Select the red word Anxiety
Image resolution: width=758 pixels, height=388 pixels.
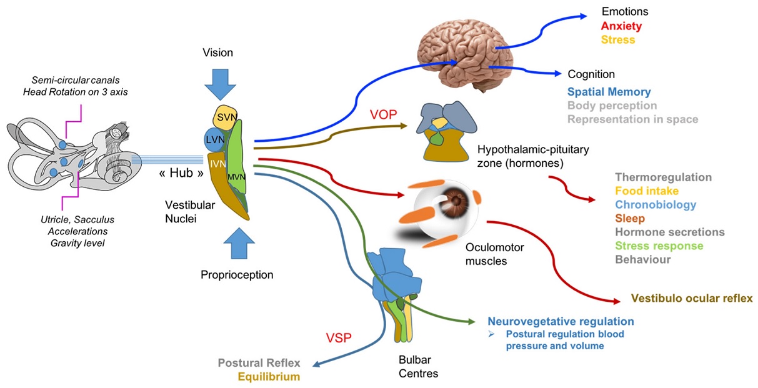[x=621, y=26]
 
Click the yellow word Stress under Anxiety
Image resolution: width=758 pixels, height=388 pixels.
[x=617, y=40]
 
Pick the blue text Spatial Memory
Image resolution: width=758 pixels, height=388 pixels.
[x=609, y=92]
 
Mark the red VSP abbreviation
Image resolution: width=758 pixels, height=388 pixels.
[x=338, y=338]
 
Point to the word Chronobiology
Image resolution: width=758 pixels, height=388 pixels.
[x=655, y=204]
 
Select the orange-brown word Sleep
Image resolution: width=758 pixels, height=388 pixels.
[x=629, y=218]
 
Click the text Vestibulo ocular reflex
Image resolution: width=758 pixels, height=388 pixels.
[x=692, y=298]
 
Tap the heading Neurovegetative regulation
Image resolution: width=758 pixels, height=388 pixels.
[x=561, y=322]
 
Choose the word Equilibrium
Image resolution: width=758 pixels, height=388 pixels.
[x=269, y=376]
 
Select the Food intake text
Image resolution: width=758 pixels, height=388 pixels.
[x=646, y=191]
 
